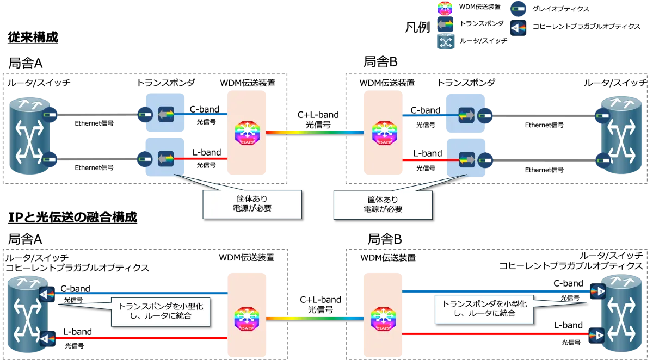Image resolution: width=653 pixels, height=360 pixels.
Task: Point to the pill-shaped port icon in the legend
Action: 518,9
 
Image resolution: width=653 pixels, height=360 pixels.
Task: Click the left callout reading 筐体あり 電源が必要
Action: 251,204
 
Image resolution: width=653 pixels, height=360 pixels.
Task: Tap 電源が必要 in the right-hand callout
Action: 383,209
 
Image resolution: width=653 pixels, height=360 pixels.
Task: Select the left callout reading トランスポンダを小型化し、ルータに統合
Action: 161,311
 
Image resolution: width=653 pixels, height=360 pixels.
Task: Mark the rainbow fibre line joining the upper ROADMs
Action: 315,132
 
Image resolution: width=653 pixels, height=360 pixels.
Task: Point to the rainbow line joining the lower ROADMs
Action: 314,319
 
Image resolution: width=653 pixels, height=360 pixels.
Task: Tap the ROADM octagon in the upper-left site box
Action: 248,133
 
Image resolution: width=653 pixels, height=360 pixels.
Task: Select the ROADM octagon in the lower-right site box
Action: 383,319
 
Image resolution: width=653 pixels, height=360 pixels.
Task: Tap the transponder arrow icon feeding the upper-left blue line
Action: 165,115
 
